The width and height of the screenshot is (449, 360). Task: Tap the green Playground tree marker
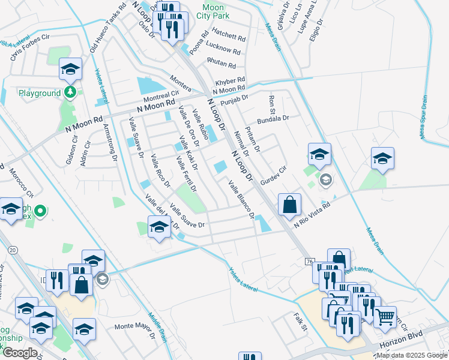pos(70,92)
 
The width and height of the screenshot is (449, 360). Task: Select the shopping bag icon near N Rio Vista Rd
pos(289,204)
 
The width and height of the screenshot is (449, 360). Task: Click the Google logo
pos(19,352)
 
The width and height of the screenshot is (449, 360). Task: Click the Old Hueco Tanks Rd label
pos(107,29)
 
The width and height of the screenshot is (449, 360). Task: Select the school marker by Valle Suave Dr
pos(158,227)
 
